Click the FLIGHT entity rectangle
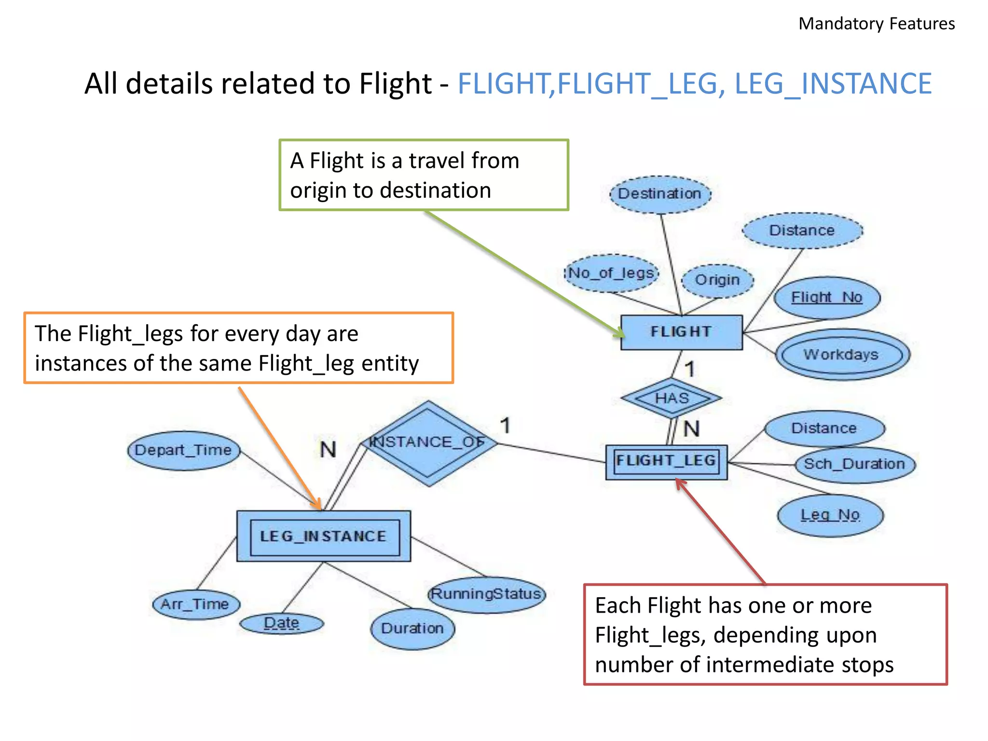[x=681, y=332]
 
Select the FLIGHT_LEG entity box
[x=666, y=462]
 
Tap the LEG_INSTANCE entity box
[x=324, y=536]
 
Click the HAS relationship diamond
[x=672, y=398]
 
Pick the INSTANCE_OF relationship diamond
[x=428, y=443]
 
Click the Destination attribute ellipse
[x=660, y=194]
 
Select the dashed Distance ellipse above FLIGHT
[x=802, y=231]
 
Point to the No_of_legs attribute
[x=611, y=274]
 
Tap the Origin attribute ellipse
[x=717, y=280]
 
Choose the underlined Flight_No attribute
[x=826, y=298]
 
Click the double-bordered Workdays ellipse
[x=841, y=355]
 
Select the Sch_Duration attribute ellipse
[x=854, y=464]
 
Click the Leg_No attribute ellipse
[x=830, y=515]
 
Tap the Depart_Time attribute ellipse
[x=183, y=451]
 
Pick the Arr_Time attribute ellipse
[x=195, y=604]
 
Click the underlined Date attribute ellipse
[x=282, y=623]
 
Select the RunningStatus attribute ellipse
[x=486, y=594]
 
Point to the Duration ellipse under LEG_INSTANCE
[x=412, y=629]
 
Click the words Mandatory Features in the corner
[x=876, y=24]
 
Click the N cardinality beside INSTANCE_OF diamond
[x=328, y=450]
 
